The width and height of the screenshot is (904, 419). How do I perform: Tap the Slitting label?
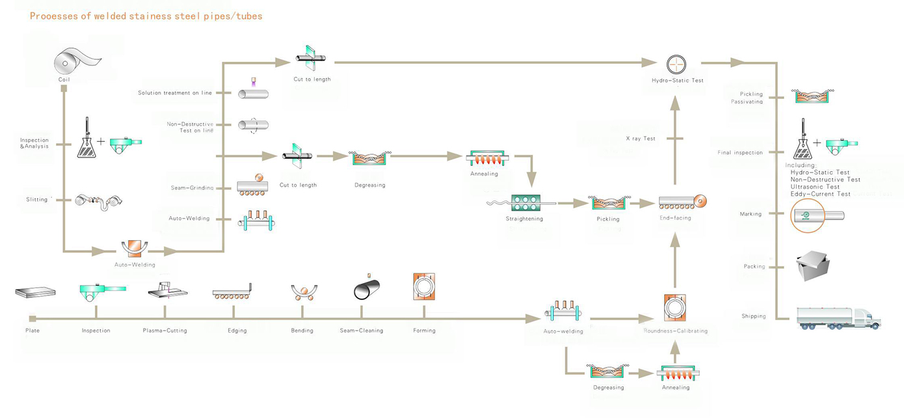coord(38,200)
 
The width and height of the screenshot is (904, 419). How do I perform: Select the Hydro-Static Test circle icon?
coord(677,64)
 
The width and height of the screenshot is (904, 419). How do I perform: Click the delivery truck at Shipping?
coord(838,317)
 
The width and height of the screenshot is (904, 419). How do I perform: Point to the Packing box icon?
coord(812,264)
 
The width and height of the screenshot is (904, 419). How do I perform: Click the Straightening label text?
coord(524,219)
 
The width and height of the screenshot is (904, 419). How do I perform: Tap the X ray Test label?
coord(641,139)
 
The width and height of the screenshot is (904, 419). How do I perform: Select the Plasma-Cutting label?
coord(165,331)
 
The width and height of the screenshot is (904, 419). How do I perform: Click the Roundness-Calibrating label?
coord(676,331)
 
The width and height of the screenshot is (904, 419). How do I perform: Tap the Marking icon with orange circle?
coord(807,215)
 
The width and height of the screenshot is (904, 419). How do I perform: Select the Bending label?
coord(302,331)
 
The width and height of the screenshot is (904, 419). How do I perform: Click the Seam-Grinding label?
coord(192,188)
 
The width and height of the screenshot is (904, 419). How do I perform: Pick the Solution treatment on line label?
coord(176,93)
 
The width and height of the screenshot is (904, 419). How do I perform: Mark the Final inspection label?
coord(740,153)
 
